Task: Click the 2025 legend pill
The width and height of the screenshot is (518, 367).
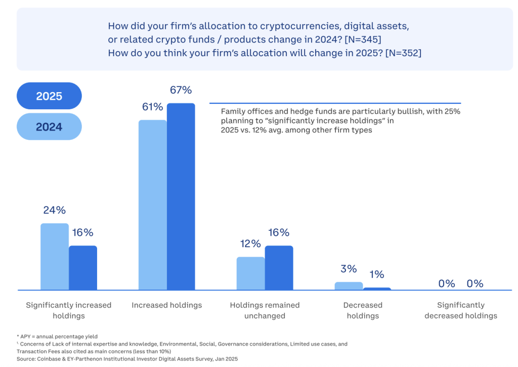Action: (49, 96)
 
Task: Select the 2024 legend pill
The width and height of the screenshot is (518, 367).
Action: (49, 127)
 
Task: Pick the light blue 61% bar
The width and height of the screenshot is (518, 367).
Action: (153, 205)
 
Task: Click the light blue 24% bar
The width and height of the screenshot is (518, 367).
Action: (55, 257)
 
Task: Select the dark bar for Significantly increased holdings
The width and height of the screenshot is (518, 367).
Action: (83, 268)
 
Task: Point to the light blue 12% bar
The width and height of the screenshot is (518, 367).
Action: (250, 273)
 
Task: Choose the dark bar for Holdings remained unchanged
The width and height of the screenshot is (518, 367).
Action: (279, 268)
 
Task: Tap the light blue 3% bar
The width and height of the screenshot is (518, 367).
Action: (349, 286)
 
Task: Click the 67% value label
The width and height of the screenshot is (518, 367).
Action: (181, 90)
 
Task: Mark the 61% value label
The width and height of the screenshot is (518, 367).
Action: (153, 107)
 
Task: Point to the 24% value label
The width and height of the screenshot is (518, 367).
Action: (55, 210)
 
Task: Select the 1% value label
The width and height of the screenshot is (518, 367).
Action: (377, 274)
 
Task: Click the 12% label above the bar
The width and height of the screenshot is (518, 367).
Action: (250, 243)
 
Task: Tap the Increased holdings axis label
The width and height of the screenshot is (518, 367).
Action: (167, 305)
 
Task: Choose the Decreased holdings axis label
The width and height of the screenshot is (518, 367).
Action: (363, 310)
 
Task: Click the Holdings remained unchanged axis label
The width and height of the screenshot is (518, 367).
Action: (265, 310)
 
